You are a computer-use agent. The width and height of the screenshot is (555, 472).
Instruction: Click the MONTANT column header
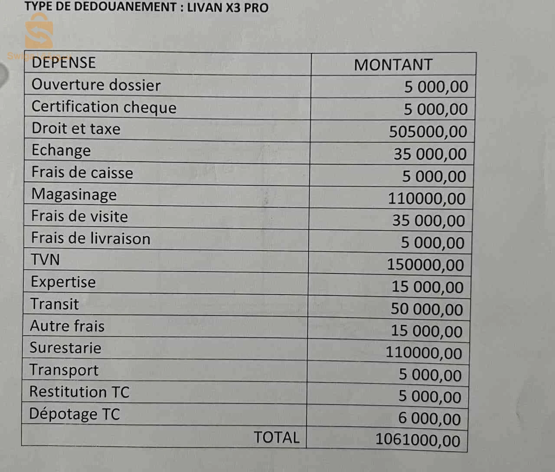coord(393,65)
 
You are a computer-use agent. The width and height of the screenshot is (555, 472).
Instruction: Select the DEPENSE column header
coord(63,62)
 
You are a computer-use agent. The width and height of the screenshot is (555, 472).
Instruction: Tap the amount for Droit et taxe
coord(428,131)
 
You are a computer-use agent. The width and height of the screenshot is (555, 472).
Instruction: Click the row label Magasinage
coord(74,194)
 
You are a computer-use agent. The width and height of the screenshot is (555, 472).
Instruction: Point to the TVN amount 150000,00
coord(425,265)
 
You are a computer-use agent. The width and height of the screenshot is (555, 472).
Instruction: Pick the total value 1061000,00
coord(418,439)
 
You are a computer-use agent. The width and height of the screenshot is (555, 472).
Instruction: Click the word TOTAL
coord(276,437)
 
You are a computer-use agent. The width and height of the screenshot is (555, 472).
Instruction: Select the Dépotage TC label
coord(74,414)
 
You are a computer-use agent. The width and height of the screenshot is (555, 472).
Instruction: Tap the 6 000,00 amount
coord(429,419)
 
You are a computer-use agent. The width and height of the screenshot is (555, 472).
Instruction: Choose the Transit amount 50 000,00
coord(427,309)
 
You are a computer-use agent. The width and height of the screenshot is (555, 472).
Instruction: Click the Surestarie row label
coord(65,348)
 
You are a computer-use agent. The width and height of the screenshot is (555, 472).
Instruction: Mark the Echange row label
coord(61,150)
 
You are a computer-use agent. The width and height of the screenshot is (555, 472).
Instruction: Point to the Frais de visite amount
coord(428,220)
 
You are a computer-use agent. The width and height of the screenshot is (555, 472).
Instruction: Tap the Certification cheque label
coord(104,107)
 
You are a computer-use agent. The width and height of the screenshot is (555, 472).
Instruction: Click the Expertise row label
coord(63,282)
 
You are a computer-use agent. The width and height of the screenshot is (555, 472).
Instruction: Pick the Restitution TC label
coord(79,392)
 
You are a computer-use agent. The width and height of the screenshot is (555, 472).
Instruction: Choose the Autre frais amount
coord(427,331)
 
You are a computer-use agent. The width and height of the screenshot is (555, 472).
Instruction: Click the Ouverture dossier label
coord(96,85)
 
